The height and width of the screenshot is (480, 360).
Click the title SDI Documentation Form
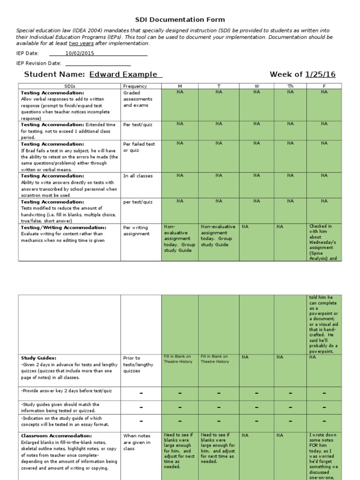tap(180, 20)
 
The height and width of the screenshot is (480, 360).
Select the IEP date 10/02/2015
tap(80, 53)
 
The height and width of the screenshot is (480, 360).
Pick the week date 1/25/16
tap(320, 75)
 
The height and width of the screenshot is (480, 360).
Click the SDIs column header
tap(69, 86)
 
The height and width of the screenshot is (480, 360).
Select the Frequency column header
tap(135, 86)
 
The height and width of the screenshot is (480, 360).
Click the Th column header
tap(290, 86)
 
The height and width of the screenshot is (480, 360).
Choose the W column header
tap(256, 86)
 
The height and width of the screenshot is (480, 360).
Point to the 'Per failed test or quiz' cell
tap(139, 147)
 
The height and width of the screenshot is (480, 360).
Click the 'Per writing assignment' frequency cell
tap(136, 230)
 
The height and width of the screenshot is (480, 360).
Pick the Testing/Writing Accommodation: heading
tap(63, 227)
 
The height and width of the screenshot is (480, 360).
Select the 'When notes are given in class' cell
tap(137, 442)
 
